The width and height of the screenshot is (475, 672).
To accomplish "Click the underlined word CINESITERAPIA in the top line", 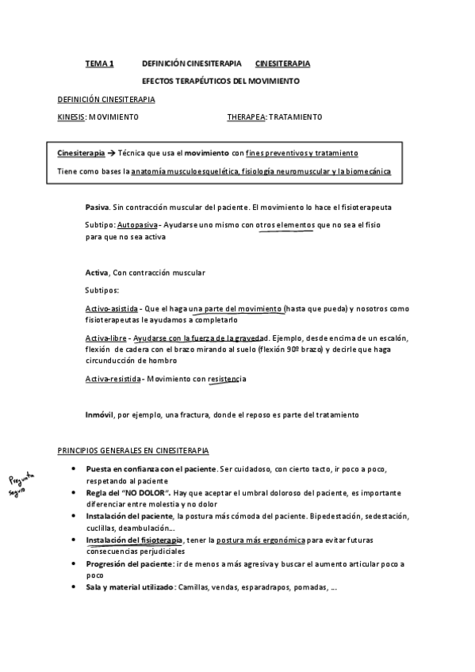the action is point(282,63).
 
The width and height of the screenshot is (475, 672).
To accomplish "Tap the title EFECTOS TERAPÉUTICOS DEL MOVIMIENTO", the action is point(220,81).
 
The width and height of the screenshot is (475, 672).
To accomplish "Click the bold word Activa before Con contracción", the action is point(97,273).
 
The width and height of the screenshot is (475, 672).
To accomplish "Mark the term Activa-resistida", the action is point(113,379).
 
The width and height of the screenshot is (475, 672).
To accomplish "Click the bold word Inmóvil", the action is point(101,414).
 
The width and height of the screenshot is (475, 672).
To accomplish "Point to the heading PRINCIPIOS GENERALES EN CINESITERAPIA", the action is point(133,450).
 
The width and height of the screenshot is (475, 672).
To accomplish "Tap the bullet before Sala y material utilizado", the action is point(74,589).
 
